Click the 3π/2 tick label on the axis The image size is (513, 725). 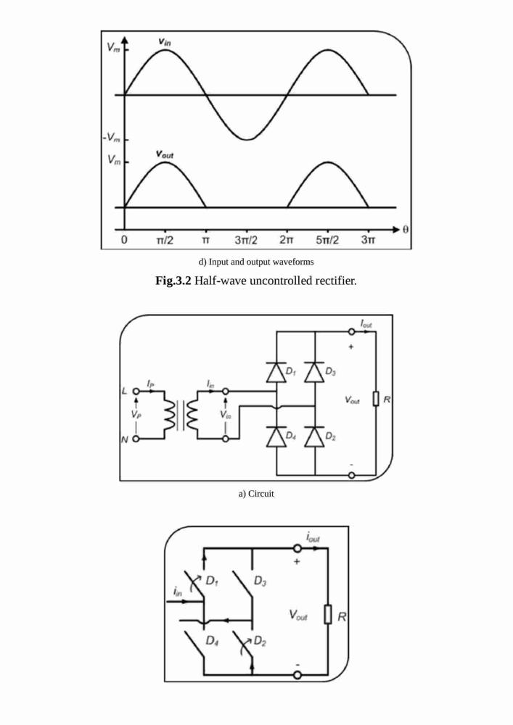tap(246, 240)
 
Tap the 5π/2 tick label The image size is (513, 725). tap(327, 240)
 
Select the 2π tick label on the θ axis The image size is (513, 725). tap(287, 240)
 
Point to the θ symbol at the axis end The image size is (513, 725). tap(405, 230)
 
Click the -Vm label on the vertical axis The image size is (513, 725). tap(111, 138)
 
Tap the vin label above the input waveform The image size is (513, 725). tap(164, 41)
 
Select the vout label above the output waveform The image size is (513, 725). tap(165, 154)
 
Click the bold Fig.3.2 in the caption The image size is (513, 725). tap(173, 281)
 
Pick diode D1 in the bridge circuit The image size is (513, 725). tap(276, 372)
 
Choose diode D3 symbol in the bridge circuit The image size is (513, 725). tap(315, 372)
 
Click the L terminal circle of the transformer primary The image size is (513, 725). tap(136, 391)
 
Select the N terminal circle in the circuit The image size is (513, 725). tap(136, 439)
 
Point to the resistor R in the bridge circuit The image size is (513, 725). tap(376, 399)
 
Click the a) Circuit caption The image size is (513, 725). tap(256, 494)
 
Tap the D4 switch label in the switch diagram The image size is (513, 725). tap(212, 641)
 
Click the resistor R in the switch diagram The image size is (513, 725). tap(327, 615)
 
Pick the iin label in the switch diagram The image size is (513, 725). tap(178, 591)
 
